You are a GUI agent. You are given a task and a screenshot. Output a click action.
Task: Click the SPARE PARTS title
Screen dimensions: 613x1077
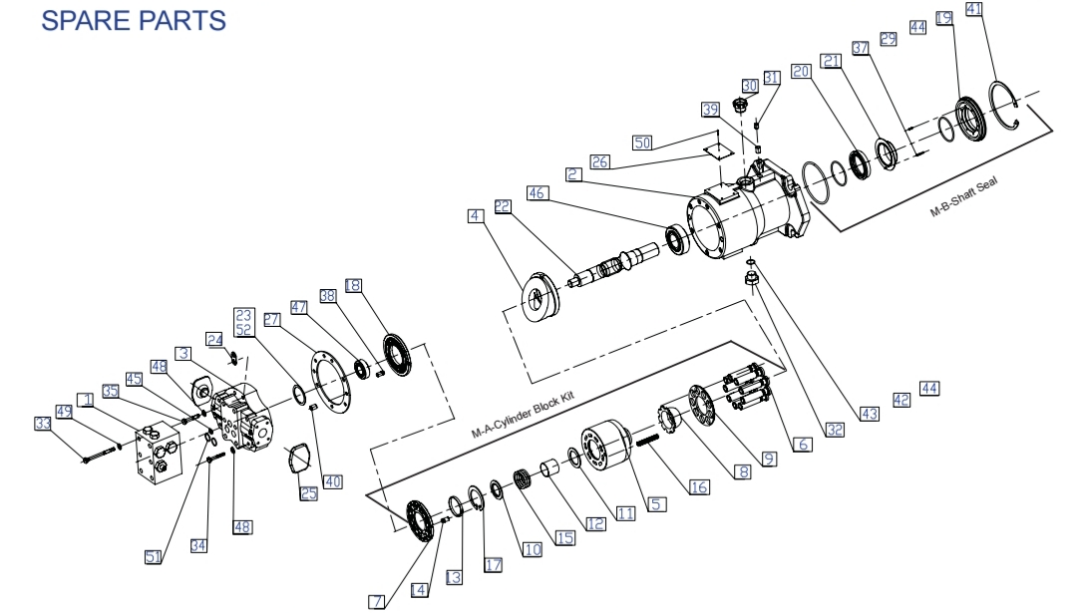tap(134, 19)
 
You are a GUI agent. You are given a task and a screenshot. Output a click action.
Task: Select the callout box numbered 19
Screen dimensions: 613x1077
tap(944, 18)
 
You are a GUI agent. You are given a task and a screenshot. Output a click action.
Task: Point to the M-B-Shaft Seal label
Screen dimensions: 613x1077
tap(962, 198)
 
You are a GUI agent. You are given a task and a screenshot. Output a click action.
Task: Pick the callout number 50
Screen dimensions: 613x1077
tap(642, 144)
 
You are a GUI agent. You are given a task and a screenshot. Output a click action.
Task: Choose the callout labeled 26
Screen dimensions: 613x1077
tap(599, 161)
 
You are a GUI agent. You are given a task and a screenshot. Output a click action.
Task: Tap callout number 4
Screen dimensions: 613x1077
tap(477, 215)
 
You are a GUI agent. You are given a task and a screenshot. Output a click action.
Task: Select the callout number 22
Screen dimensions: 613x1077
tap(502, 206)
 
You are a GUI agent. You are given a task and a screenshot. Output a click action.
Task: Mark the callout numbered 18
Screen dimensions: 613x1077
tap(353, 286)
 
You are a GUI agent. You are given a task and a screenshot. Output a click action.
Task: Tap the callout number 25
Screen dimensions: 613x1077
tap(308, 493)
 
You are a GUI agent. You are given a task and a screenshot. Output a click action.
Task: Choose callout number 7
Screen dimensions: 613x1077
tap(377, 601)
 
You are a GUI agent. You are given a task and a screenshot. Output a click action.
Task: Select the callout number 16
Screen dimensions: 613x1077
tap(699, 486)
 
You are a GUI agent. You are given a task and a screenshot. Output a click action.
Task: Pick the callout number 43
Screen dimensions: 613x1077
tap(869, 413)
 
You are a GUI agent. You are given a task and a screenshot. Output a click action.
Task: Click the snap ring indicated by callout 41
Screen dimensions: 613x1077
tap(1005, 108)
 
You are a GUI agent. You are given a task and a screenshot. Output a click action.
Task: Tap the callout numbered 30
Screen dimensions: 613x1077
tap(749, 87)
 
